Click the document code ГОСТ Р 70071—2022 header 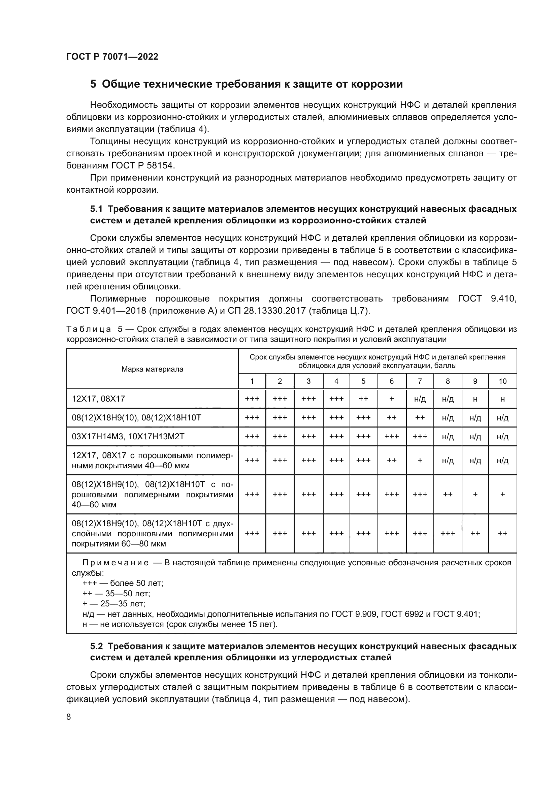click(x=112, y=57)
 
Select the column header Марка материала click(x=152, y=369)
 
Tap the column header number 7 click(x=420, y=381)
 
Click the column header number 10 click(x=502, y=381)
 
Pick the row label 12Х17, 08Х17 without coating click(x=98, y=399)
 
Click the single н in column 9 click(x=475, y=399)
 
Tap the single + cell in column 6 click(x=392, y=399)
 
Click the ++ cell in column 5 click(x=363, y=399)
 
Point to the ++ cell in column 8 click(x=448, y=495)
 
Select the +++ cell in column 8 click(x=448, y=534)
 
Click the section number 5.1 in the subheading click(x=96, y=209)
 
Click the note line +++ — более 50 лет click(x=123, y=583)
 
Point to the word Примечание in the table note click(x=115, y=563)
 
